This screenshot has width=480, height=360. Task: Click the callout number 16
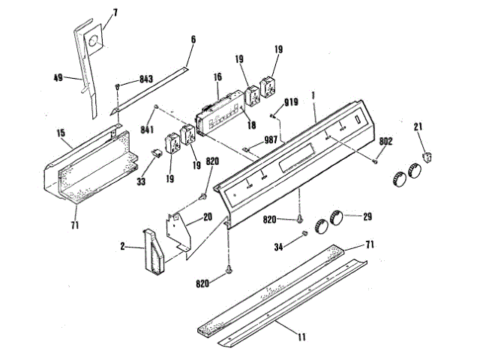[217, 76]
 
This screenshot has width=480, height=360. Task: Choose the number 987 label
[271, 141]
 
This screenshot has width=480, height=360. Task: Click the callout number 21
[419, 127]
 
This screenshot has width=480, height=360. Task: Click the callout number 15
[60, 133]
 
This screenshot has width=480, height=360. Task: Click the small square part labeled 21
[428, 155]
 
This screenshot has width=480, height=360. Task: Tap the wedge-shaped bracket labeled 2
[153, 251]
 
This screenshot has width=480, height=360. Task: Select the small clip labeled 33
[157, 152]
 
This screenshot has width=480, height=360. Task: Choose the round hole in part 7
[92, 43]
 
